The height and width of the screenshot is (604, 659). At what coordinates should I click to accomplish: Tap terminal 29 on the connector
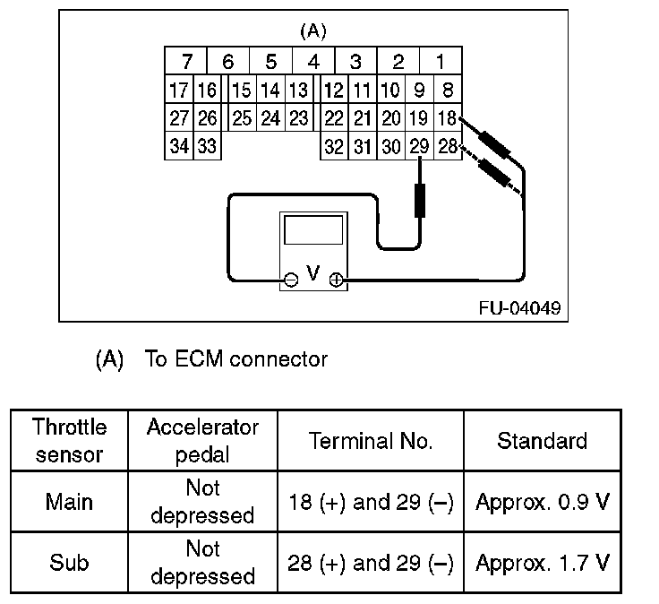418,146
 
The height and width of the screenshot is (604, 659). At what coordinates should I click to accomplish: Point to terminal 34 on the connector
179,146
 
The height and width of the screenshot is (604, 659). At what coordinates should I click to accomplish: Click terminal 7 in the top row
187,62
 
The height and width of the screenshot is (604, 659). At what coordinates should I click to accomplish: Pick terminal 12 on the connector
333,90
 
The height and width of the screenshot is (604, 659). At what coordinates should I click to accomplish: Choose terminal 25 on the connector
242,117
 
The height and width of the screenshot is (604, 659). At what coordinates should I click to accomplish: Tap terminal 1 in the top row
441,62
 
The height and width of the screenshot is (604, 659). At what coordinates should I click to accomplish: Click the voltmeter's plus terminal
336,280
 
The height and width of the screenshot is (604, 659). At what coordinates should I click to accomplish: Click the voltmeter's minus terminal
290,280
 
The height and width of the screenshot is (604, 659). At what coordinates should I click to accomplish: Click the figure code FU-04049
519,308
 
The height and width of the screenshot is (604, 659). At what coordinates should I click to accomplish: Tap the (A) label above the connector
312,31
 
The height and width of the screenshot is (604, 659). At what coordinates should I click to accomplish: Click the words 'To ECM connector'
236,360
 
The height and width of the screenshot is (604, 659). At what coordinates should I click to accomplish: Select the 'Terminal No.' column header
371,441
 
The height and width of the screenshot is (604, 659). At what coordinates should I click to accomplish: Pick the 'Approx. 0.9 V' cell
543,502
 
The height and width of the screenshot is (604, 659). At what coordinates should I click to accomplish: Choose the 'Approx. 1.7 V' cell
543,563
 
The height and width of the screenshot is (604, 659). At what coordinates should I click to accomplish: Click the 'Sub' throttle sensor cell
69,563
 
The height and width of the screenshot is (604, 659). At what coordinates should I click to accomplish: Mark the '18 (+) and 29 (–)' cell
371,502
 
